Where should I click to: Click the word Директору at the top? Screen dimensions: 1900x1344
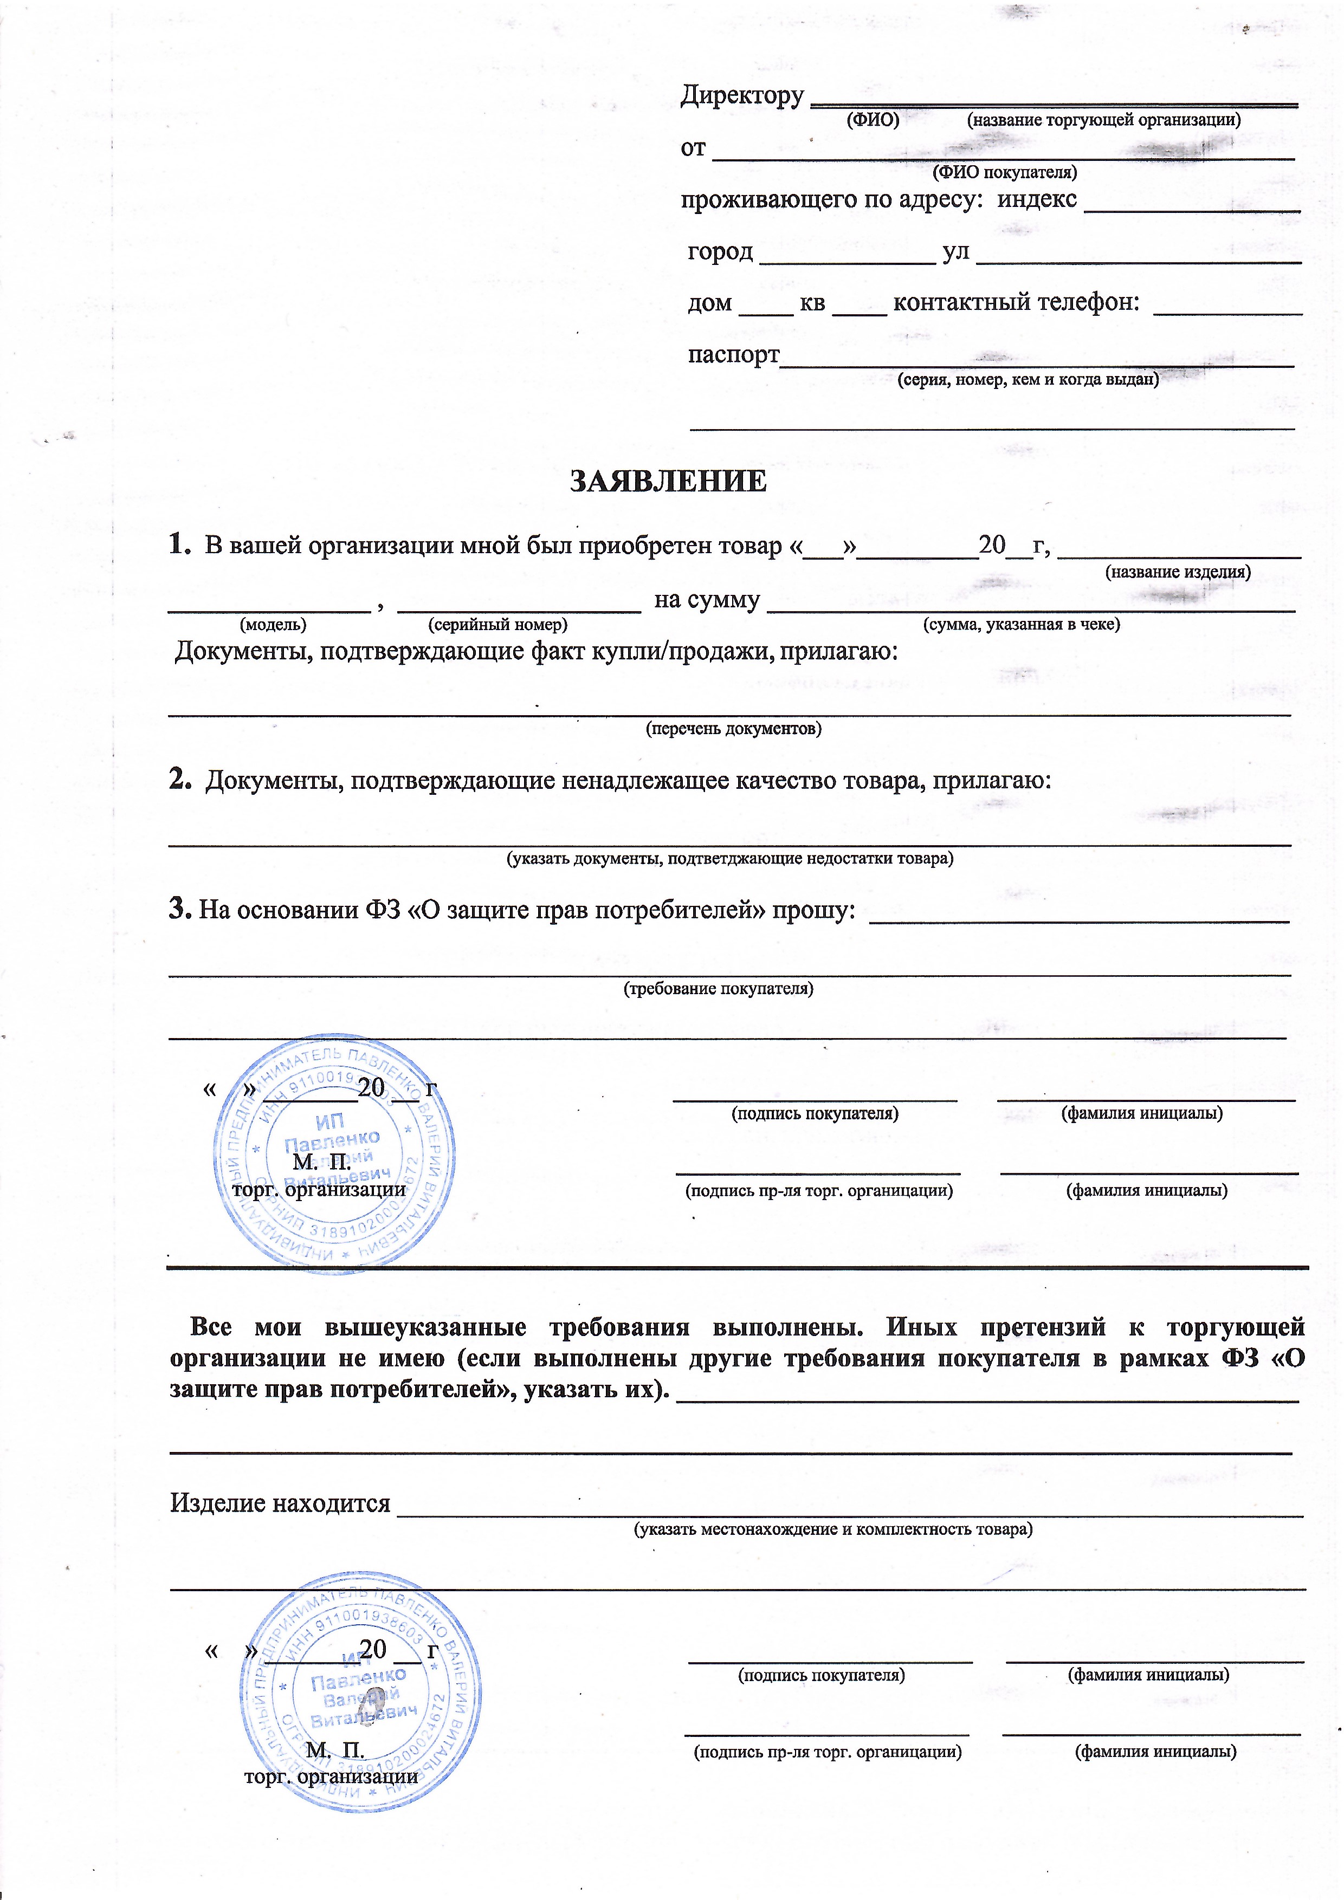(741, 96)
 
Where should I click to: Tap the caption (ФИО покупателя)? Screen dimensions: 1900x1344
(1005, 172)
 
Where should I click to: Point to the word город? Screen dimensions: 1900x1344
(720, 251)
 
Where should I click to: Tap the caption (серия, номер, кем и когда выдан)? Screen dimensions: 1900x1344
(1028, 380)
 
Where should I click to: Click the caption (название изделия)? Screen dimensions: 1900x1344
(1178, 572)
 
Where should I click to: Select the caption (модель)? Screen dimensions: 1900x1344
(273, 624)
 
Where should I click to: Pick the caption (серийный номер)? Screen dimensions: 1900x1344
(497, 624)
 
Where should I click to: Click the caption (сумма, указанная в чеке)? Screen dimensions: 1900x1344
(1021, 624)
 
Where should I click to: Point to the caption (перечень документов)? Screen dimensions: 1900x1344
(733, 729)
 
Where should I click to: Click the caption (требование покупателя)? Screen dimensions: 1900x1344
(718, 989)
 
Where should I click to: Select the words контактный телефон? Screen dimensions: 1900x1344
(1016, 303)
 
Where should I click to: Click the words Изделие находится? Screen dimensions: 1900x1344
(280, 1503)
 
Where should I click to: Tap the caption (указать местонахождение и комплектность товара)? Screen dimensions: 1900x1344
(832, 1529)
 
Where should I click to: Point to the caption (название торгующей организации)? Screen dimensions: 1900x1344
(1104, 120)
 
